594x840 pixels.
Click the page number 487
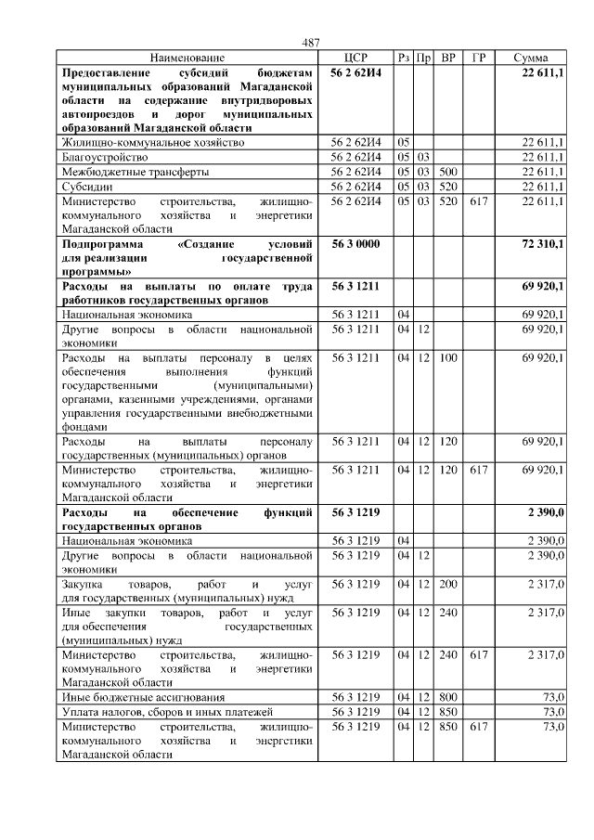(x=311, y=42)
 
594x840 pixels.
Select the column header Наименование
(x=187, y=58)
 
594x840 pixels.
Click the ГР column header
(x=478, y=58)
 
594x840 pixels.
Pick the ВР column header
(x=448, y=58)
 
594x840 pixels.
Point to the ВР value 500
(x=448, y=172)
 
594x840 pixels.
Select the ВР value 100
(x=448, y=357)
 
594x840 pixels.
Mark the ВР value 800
(x=448, y=696)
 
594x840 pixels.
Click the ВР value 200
(x=448, y=584)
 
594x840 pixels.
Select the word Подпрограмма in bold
(x=98, y=243)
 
